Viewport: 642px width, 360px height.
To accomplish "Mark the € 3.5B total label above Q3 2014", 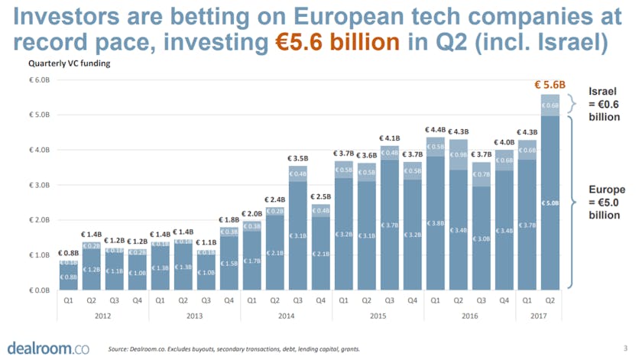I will click(298, 158).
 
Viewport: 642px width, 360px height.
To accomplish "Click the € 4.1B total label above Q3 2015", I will click(390, 138).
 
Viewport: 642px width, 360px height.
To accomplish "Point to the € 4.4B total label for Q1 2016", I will click(436, 130).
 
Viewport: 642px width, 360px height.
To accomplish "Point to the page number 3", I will click(624, 347).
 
